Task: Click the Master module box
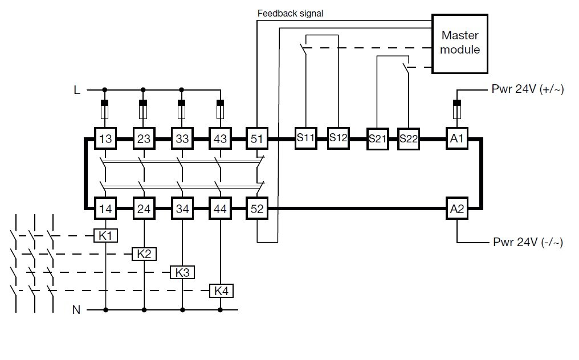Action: click(x=460, y=44)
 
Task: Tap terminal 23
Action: click(x=143, y=138)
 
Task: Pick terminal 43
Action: click(x=219, y=138)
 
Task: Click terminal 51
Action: click(x=256, y=138)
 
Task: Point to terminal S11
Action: click(x=305, y=138)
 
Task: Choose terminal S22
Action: click(x=409, y=139)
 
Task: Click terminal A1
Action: click(x=457, y=138)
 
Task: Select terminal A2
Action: click(x=457, y=209)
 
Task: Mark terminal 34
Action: click(x=182, y=209)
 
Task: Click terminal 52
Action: click(x=257, y=209)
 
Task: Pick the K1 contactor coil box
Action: click(x=105, y=235)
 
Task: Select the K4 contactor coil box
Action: click(x=221, y=291)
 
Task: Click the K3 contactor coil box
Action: click(x=182, y=272)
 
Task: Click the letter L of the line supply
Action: click(x=76, y=89)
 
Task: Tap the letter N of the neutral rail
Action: click(x=76, y=310)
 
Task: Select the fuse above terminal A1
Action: click(x=456, y=108)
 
